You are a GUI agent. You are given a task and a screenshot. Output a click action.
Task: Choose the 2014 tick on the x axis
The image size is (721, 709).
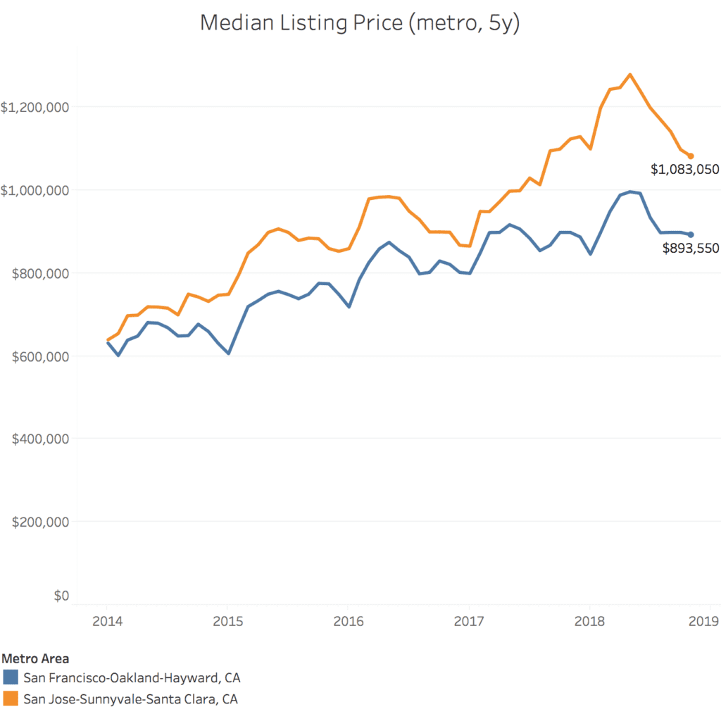coord(107,621)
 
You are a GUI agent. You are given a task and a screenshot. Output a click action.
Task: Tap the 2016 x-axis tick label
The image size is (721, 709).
coord(348,621)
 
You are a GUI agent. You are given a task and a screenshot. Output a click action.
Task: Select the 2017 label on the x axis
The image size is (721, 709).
coord(469,621)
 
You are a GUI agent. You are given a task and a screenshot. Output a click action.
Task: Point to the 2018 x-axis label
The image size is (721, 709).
coord(589,621)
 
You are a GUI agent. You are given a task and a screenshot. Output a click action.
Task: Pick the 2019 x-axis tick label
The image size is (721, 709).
coord(703,621)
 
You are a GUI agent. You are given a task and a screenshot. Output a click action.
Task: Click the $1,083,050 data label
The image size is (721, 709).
coord(684,169)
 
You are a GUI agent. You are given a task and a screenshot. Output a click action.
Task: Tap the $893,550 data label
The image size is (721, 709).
coord(691,248)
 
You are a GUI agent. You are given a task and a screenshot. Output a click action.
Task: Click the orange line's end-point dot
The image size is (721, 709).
coord(691,156)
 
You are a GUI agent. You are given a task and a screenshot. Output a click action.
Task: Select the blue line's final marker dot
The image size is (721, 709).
coord(691,234)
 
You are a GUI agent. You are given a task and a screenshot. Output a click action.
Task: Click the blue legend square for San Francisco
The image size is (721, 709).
coord(10,678)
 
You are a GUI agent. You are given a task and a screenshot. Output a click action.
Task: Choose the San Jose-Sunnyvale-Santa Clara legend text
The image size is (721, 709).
coord(131,699)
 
